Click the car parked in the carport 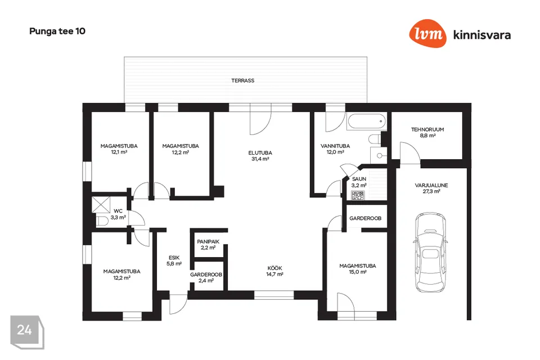tap(430, 252)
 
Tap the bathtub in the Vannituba tap(367, 121)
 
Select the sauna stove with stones tap(358, 196)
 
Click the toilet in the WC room tap(102, 221)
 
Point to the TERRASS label tap(243, 80)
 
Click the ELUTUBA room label tap(260, 152)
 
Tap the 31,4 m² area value tap(260, 159)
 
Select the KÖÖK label tap(275, 268)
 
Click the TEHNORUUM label tap(427, 129)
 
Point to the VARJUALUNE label tap(431, 185)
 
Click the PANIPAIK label tap(208, 241)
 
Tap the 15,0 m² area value tap(358, 272)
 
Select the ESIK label tap(174, 258)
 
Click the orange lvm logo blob tap(427, 33)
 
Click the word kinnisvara tap(482, 35)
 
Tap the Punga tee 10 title tap(57, 31)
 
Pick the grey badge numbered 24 tap(27, 332)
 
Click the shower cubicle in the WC tap(101, 205)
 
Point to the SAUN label tap(359, 179)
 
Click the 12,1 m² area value tap(119, 152)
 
